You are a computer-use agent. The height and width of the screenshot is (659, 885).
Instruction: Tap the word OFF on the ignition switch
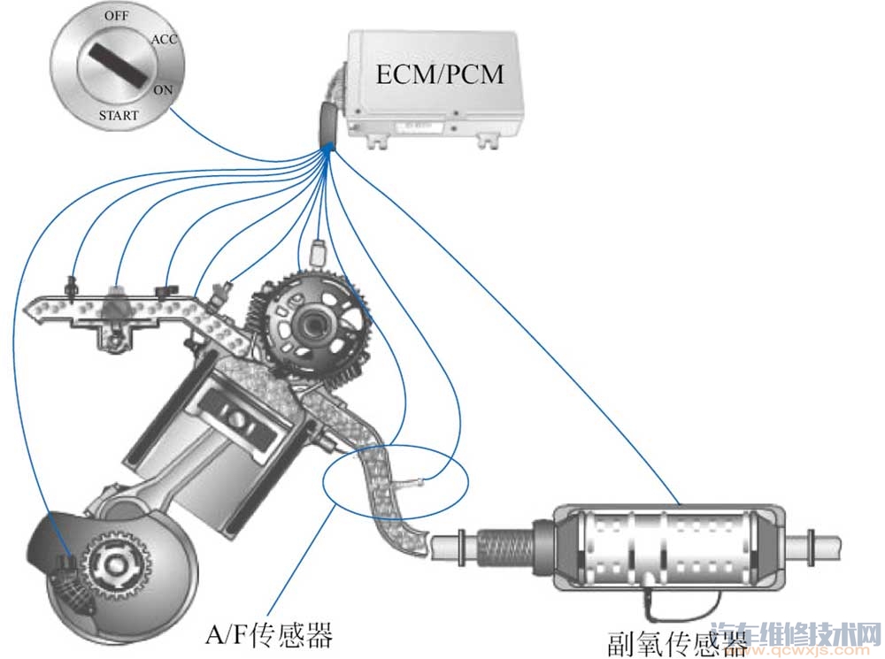coord(115,17)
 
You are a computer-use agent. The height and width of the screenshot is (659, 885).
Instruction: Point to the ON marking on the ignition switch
coord(163,89)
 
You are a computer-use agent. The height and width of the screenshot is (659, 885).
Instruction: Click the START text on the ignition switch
coord(118,114)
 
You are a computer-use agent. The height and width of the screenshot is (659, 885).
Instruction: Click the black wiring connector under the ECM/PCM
coord(327,123)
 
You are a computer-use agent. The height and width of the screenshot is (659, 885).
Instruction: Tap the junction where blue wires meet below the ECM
coord(329,152)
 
